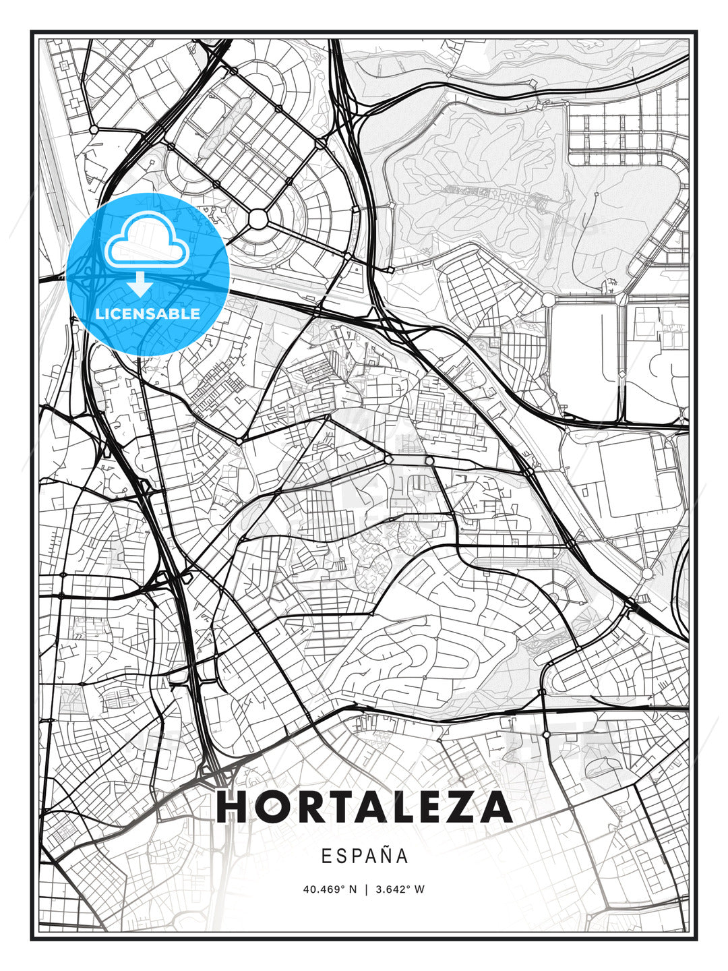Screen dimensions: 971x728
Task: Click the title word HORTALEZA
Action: [364, 807]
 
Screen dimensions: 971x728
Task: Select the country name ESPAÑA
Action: [364, 856]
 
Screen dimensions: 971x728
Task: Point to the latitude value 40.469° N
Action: [330, 889]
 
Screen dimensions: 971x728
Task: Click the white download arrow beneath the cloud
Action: [140, 284]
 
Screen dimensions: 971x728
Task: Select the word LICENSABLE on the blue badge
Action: [148, 314]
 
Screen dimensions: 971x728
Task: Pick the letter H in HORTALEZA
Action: [233, 807]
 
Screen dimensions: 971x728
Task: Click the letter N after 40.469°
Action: [352, 889]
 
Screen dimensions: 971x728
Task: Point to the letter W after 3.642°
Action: [420, 889]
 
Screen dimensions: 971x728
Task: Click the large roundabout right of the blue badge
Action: [258, 219]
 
